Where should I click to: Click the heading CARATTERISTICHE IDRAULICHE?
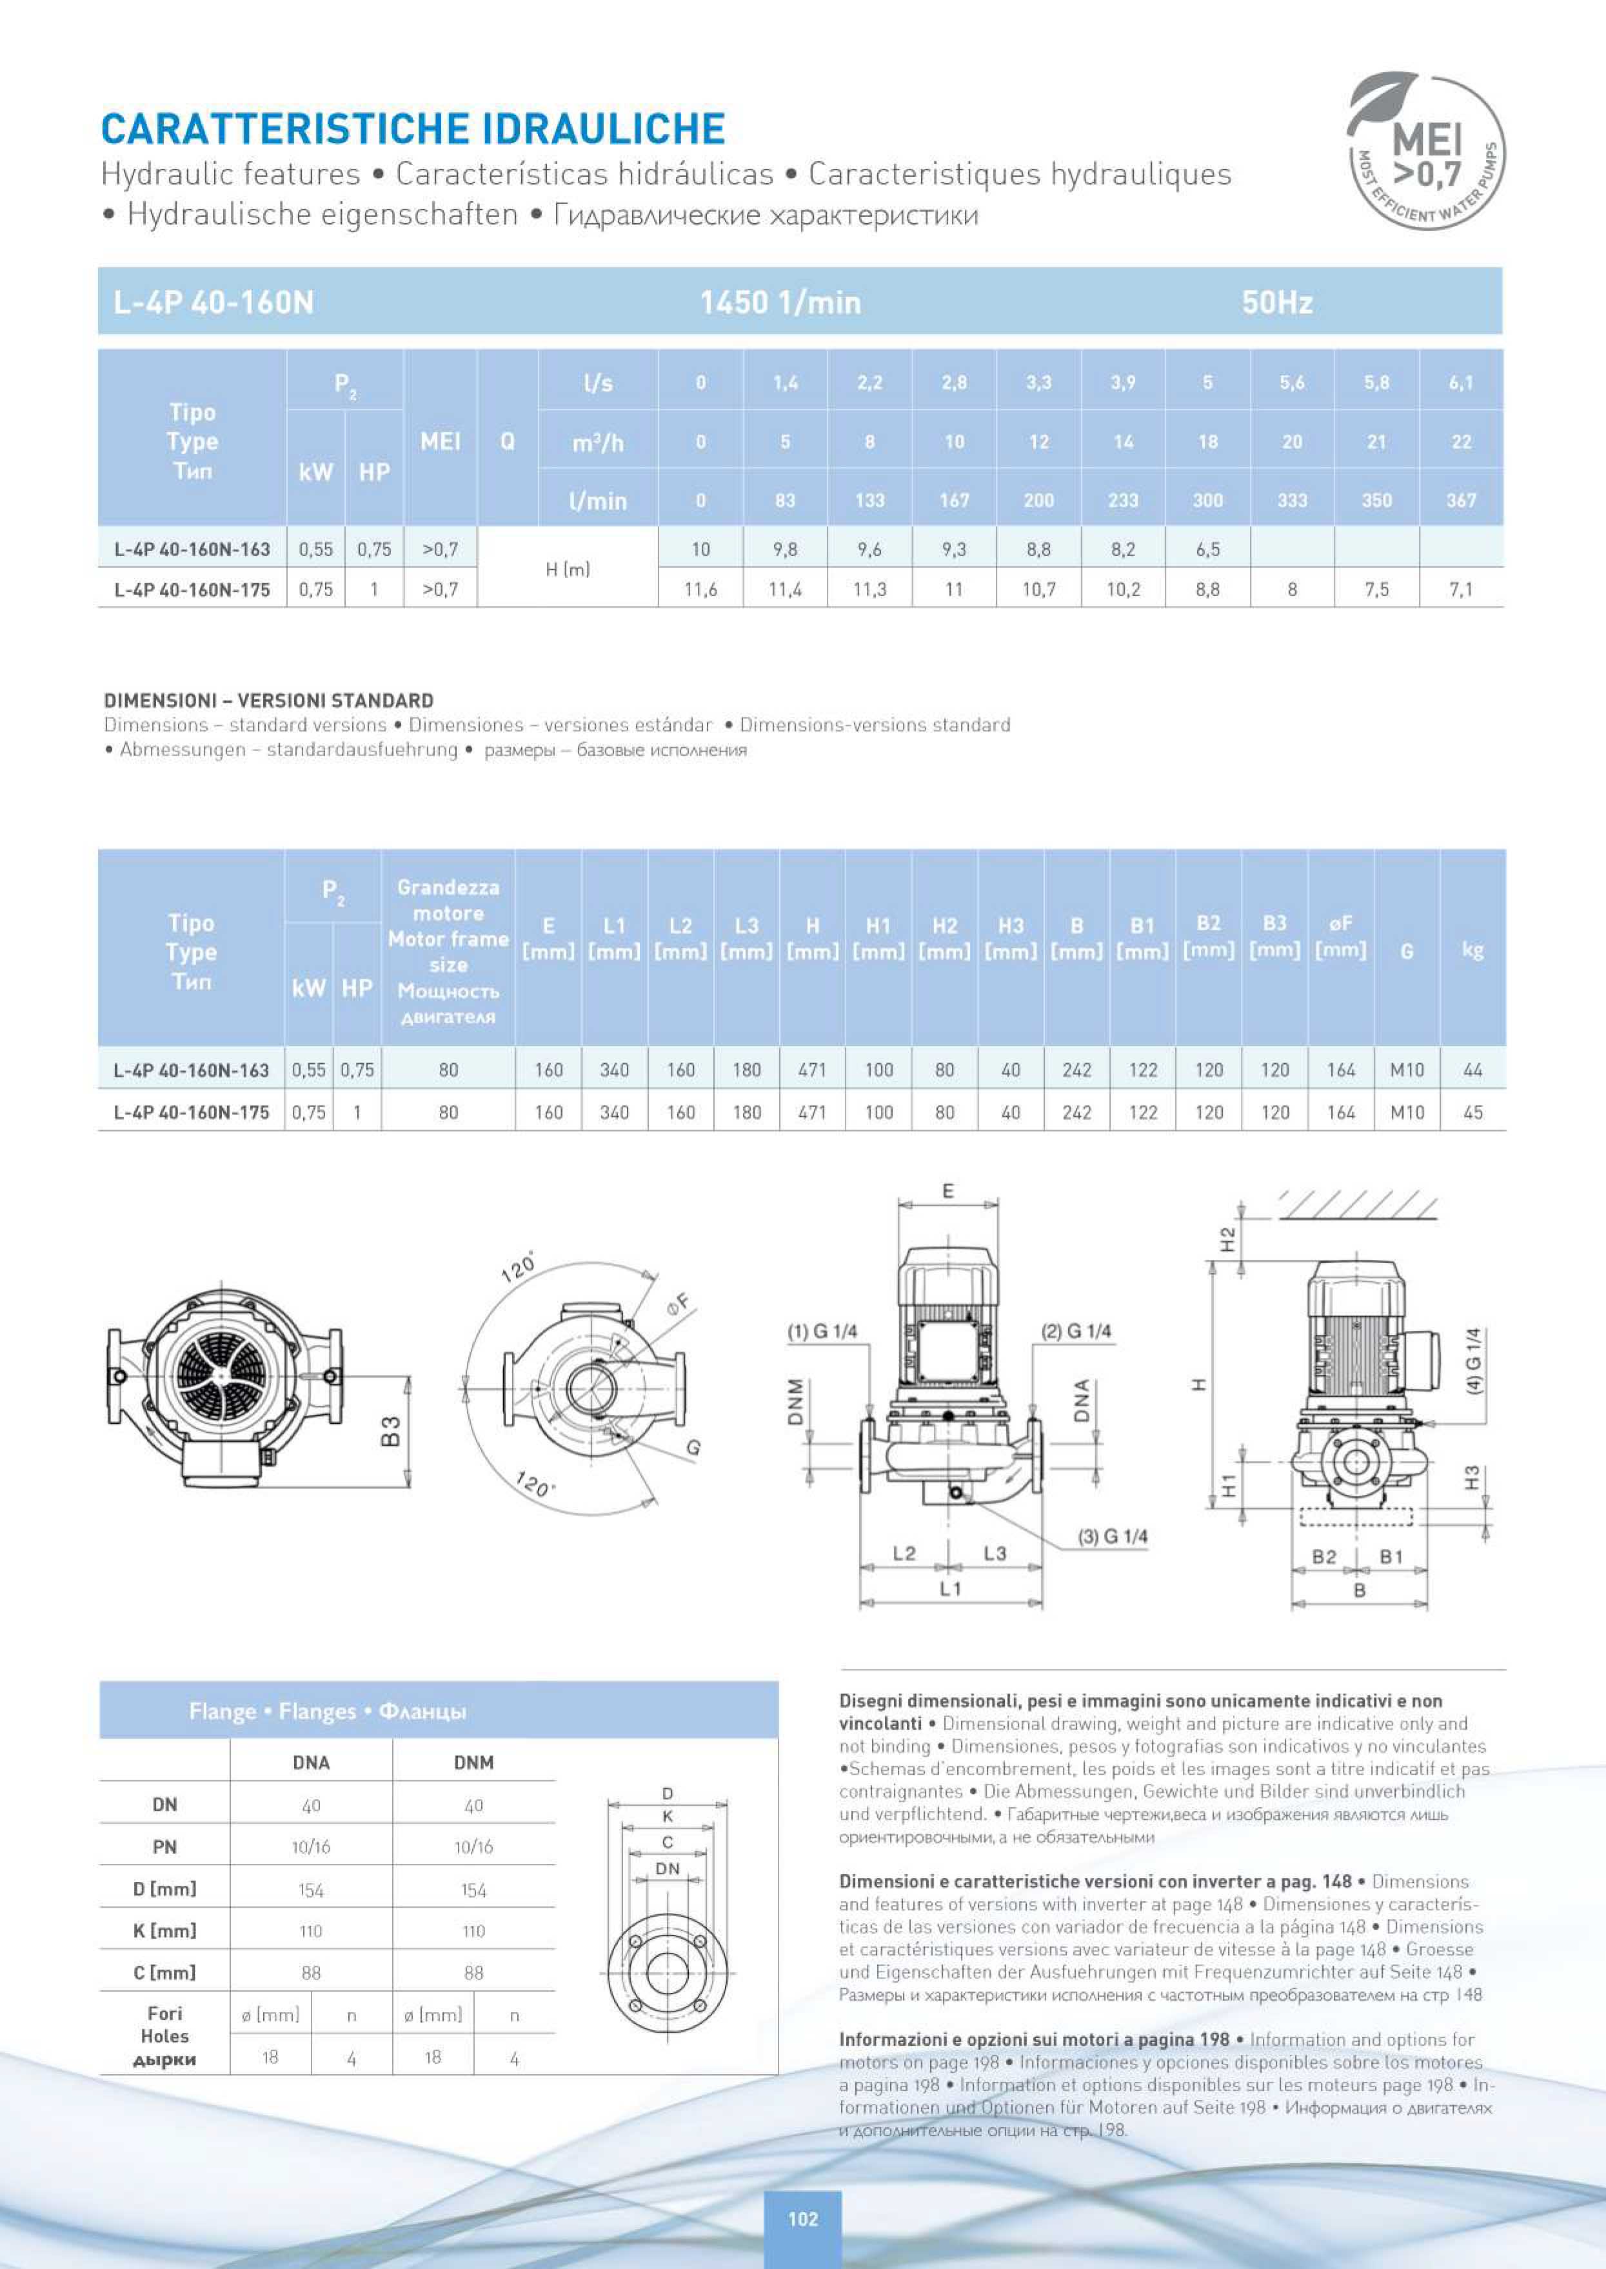click(x=413, y=130)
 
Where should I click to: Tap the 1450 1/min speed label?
click(x=780, y=302)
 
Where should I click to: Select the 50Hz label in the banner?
click(x=1276, y=302)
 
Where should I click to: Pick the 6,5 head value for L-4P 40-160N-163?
click(x=1207, y=549)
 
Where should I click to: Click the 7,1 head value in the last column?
click(x=1461, y=590)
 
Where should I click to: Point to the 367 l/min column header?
click(x=1461, y=501)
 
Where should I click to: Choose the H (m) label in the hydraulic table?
click(x=568, y=569)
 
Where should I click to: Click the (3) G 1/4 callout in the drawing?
click(x=1113, y=1536)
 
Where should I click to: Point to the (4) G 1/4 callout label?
click(x=1474, y=1361)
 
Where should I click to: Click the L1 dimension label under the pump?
click(x=949, y=1588)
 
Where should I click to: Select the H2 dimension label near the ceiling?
click(x=1227, y=1238)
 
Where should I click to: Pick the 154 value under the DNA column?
click(x=310, y=1890)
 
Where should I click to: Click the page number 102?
click(x=802, y=2219)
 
